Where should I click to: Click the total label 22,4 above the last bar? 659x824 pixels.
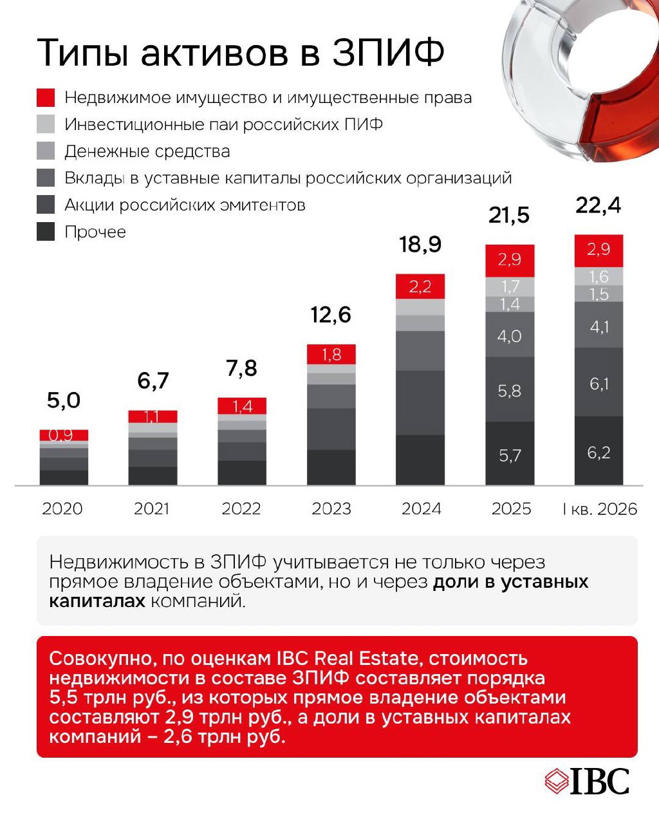pos(598,206)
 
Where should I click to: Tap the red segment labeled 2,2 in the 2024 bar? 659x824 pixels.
pos(420,286)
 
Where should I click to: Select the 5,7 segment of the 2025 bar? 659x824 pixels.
pos(510,453)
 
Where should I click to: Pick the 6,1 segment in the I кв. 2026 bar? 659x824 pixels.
pos(599,382)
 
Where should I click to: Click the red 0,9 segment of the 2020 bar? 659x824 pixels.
pos(64,435)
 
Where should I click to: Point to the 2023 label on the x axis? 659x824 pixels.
pos(331,509)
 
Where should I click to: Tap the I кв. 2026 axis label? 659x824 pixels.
pos(600,509)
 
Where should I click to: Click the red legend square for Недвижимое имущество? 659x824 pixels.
pos(46,97)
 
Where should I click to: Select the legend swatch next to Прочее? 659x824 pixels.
pos(46,232)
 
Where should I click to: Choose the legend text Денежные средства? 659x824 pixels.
pos(147,151)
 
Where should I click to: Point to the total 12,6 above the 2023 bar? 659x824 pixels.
pos(331,315)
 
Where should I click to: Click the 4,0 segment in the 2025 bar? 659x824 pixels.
pos(510,334)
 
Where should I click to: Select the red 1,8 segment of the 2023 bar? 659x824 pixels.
pos(331,354)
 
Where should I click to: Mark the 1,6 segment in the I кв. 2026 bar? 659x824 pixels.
pos(599,276)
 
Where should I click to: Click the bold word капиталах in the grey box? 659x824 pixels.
pos(97,601)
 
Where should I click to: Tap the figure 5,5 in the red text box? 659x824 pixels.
pos(63,698)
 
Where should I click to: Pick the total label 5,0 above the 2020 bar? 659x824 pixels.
pos(64,400)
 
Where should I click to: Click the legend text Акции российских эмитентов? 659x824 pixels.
pos(185,205)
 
